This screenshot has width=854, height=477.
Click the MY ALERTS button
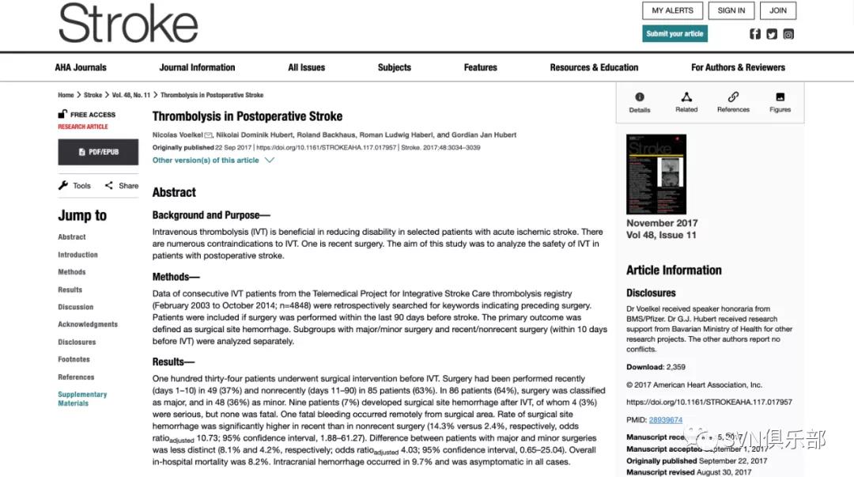[673, 10]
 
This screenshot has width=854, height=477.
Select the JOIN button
[778, 10]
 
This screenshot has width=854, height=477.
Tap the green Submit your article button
[675, 34]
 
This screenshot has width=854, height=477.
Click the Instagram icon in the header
[788, 34]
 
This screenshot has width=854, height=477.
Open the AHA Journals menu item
[81, 67]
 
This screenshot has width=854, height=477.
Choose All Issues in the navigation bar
[306, 67]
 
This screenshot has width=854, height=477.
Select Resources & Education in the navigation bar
[594, 67]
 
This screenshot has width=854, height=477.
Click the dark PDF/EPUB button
[98, 152]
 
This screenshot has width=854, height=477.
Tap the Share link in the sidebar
[122, 186]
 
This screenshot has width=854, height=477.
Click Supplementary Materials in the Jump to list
[82, 399]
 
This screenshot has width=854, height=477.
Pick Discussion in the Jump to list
[75, 307]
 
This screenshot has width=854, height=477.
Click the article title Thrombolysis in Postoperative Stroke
[248, 116]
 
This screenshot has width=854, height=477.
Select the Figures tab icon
[780, 101]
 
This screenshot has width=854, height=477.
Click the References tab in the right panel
[733, 101]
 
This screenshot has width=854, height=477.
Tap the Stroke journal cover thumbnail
[656, 174]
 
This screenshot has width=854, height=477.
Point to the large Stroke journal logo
[128, 24]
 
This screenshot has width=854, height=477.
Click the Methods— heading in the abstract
[176, 277]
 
